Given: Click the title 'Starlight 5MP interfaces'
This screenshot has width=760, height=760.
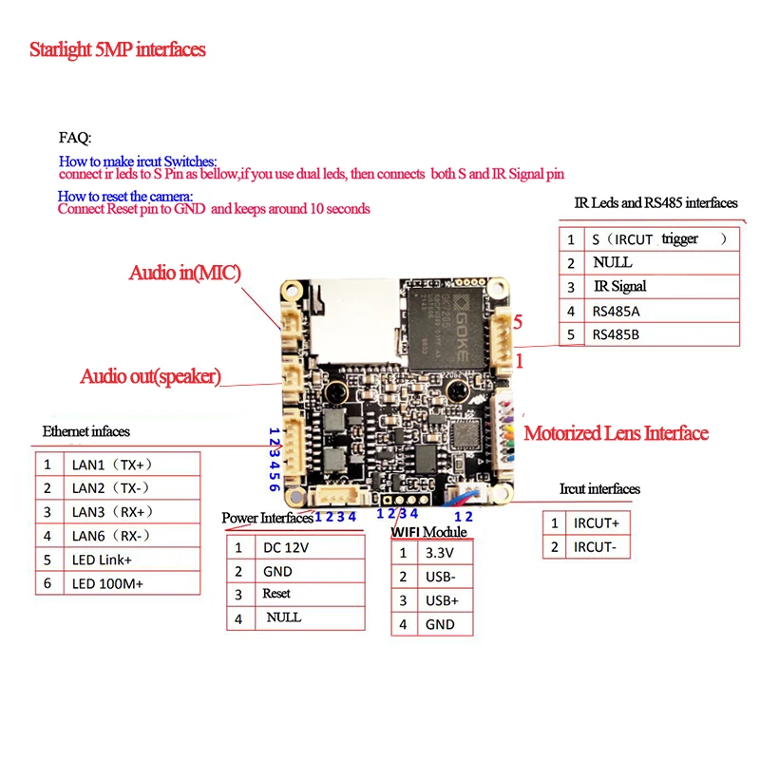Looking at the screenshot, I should [117, 49].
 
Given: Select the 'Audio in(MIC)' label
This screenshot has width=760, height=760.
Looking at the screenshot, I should [184, 274].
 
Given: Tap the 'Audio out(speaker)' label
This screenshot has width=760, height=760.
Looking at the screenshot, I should [150, 376].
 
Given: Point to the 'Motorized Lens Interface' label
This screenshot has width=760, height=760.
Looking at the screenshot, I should [617, 433].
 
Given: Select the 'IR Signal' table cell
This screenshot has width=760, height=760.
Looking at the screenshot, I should [619, 286].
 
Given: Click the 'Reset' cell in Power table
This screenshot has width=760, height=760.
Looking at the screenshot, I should [276, 594].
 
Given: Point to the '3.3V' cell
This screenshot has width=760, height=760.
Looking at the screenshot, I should [440, 553].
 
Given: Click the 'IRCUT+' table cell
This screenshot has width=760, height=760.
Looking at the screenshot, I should [597, 522].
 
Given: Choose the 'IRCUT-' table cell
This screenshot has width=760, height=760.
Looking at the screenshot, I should [597, 546].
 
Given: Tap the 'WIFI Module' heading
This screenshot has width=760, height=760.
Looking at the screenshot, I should [428, 532].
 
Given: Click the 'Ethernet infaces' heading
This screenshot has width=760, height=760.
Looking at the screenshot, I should [86, 431].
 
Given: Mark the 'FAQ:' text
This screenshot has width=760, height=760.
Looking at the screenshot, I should [75, 138].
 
